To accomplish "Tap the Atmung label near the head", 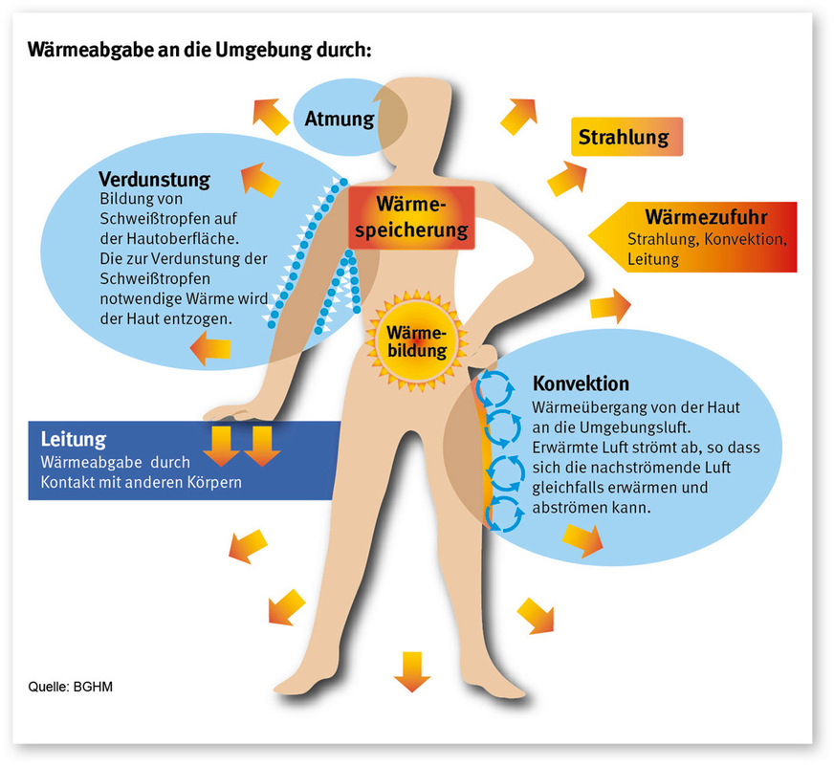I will pos(340,119).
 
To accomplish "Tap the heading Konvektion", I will pos(581,383).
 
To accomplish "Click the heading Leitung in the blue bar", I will pos(73,440).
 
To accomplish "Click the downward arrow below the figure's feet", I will pos(412,669).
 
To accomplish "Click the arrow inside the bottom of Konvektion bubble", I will pos(582,540).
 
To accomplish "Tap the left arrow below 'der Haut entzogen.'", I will pos(209,351).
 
